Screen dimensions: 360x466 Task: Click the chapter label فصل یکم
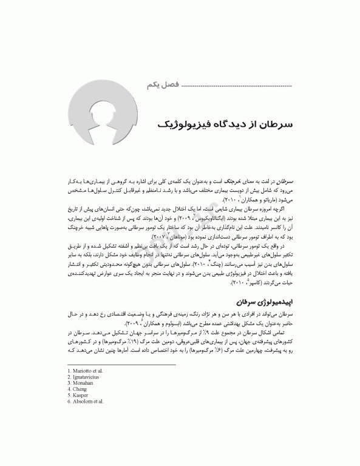[157, 85]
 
